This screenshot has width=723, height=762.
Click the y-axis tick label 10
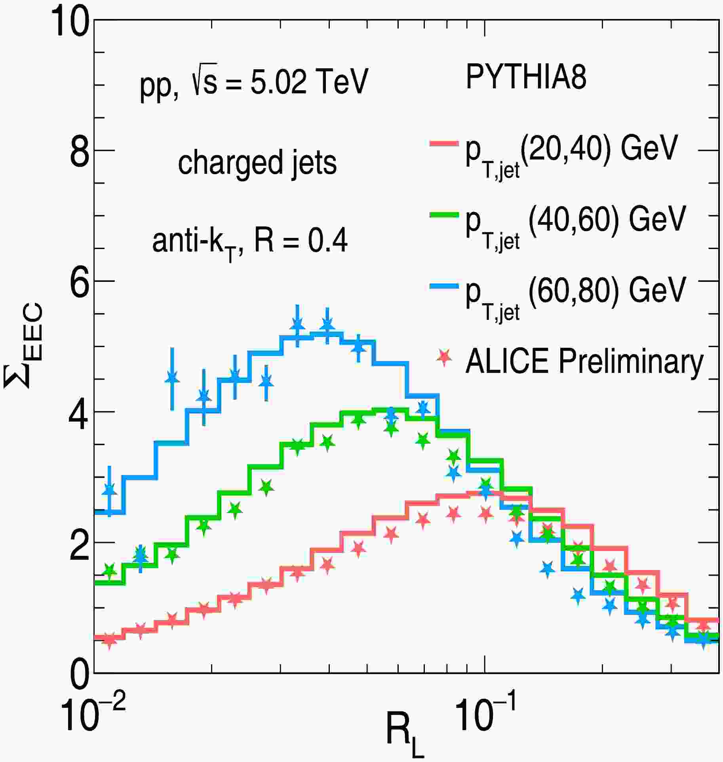69,23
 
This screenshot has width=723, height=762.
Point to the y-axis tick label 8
79,151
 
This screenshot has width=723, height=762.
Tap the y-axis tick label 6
79,281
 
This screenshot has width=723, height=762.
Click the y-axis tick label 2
79,543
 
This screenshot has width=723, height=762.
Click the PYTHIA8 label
526,77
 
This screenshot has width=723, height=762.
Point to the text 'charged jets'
257,162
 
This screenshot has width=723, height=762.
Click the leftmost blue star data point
110,490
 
